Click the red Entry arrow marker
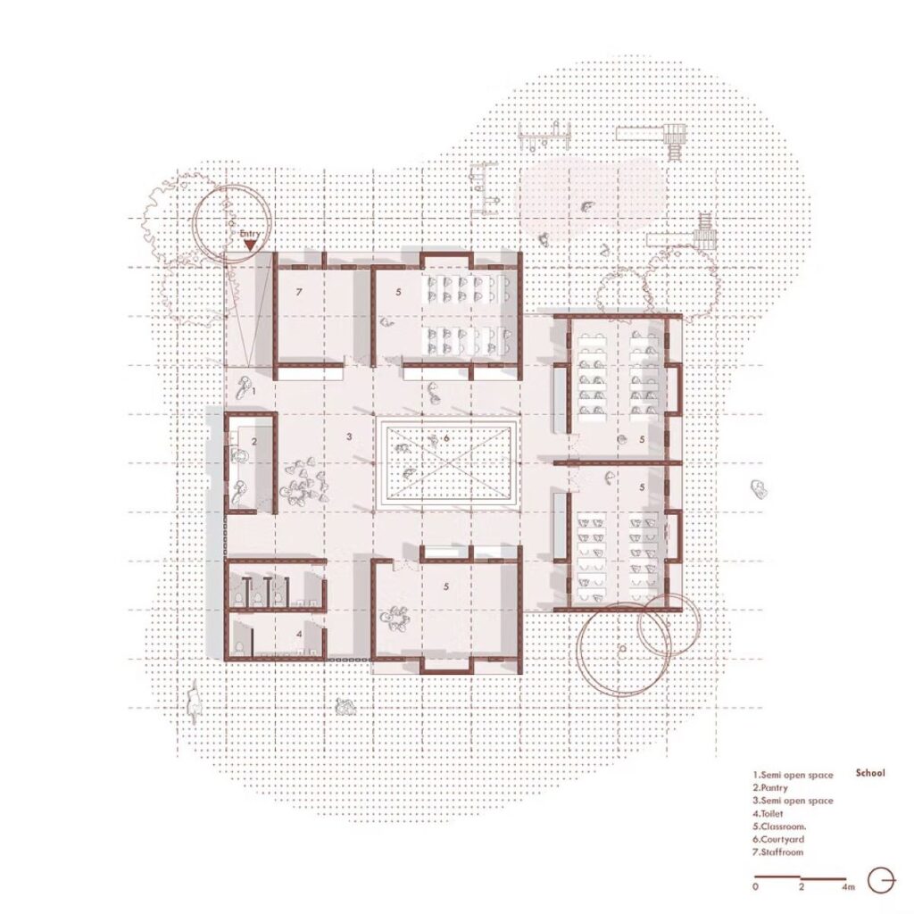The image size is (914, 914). [250, 245]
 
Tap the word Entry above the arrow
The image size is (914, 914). [250, 234]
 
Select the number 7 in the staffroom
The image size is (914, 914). [299, 292]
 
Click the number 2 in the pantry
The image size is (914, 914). [254, 442]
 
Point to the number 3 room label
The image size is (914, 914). [349, 436]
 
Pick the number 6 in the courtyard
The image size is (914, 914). [446, 437]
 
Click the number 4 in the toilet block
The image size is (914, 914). [299, 633]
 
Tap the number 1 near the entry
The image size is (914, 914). [254, 391]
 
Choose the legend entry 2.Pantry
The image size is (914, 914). [770, 787]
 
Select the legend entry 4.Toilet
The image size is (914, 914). [768, 813]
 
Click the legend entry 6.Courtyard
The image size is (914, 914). [778, 839]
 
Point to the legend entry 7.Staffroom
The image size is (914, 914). [777, 852]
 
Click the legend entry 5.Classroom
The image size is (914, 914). [779, 827]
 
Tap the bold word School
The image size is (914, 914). [870, 773]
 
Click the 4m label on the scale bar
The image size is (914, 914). [848, 887]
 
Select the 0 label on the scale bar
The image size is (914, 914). [756, 887]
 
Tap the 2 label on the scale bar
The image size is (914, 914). [802, 887]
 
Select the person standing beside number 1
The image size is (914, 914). [245, 387]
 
